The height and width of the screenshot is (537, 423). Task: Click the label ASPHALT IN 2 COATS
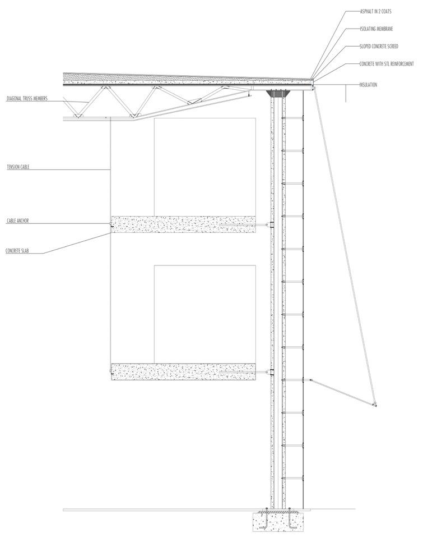pos(379,10)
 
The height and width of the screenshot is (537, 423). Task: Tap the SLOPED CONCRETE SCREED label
pos(382,46)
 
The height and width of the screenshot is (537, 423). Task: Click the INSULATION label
pos(368,85)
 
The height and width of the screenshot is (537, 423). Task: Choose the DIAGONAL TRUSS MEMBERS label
pos(27,99)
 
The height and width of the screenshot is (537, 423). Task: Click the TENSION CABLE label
pos(17,167)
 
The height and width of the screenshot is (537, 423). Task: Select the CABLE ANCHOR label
pos(17,221)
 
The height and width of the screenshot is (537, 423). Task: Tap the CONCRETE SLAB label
pos(17,251)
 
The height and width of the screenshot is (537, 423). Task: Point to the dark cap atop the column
pos(278,93)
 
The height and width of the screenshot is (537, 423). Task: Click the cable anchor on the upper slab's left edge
pos(111,225)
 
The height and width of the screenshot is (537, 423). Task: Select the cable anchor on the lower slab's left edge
pos(111,371)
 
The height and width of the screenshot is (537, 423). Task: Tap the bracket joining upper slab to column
pos(272,225)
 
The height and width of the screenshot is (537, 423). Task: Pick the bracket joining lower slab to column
pos(272,372)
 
